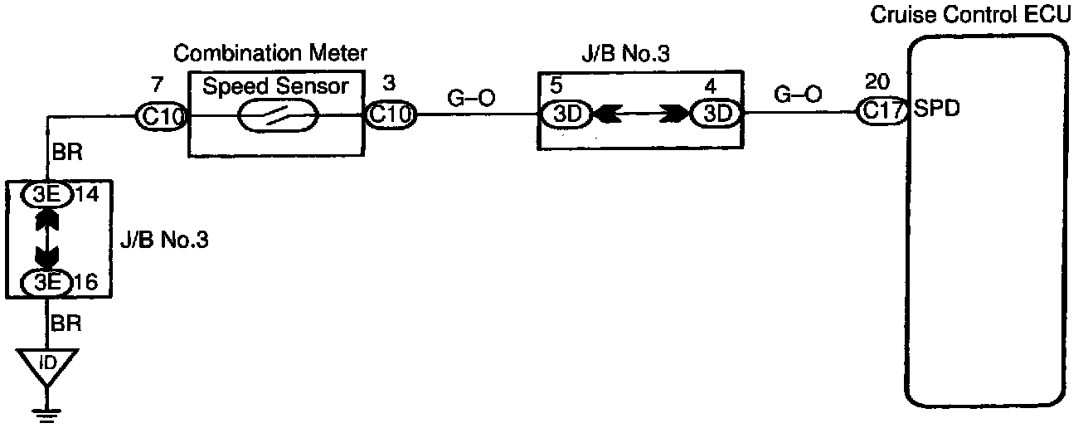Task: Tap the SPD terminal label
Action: pyautogui.click(x=935, y=110)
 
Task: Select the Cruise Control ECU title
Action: pyautogui.click(x=976, y=15)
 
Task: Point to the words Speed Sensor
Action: pyautogui.click(x=275, y=86)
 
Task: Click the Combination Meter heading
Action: pyautogui.click(x=270, y=55)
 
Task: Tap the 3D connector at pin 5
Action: pyautogui.click(x=566, y=114)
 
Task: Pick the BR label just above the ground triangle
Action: pyautogui.click(x=66, y=323)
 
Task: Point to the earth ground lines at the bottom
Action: pyautogui.click(x=47, y=410)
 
